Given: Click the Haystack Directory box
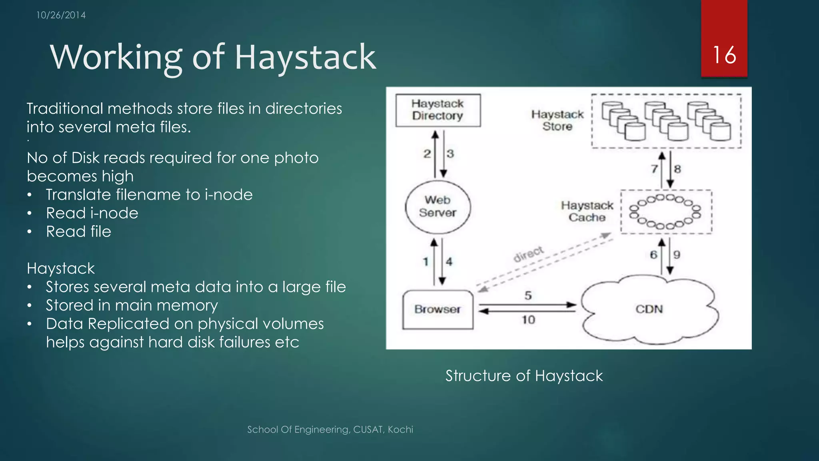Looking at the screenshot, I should point(438,110).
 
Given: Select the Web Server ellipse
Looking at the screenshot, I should point(437,206).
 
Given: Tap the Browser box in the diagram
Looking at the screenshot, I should point(437,309).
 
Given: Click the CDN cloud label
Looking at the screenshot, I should point(649,309).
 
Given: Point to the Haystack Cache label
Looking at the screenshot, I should point(587,211).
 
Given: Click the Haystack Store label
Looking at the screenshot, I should point(557,120).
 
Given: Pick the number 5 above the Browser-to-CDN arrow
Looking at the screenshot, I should point(528,296).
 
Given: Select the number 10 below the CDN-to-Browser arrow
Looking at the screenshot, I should point(528,320).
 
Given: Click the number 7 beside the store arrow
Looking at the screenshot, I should point(654,169).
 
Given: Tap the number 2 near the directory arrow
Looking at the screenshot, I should point(427,154).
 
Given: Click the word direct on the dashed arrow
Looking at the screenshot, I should point(528,254).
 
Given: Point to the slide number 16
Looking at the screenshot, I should point(724,55).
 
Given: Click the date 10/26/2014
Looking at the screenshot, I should point(61,15).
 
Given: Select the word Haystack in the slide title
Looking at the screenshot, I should point(305,58).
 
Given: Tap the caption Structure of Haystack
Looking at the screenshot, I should point(524,376).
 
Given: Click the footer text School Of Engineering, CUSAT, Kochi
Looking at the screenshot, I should point(330,429).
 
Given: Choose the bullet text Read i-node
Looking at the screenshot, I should point(92,213).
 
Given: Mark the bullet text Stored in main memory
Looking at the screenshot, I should point(132,305).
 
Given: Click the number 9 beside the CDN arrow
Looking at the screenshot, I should point(677,255).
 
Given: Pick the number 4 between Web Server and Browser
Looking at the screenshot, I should point(449,262).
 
